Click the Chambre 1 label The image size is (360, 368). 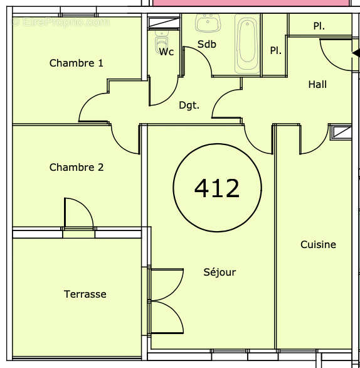(76, 63)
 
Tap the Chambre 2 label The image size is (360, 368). (76, 167)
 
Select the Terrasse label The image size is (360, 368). (85, 294)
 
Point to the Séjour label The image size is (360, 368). (220, 272)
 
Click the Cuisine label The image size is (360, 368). (318, 244)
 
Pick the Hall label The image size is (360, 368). (317, 84)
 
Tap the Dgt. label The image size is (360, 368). (189, 106)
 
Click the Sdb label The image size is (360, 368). (206, 45)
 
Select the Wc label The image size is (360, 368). (166, 51)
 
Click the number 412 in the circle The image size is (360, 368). (217, 188)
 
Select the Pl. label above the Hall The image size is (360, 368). (319, 26)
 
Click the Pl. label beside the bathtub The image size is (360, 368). (275, 51)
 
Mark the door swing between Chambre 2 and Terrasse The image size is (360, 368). (79, 214)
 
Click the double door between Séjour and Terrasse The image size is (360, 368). (165, 301)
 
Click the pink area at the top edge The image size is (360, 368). (251, 3)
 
